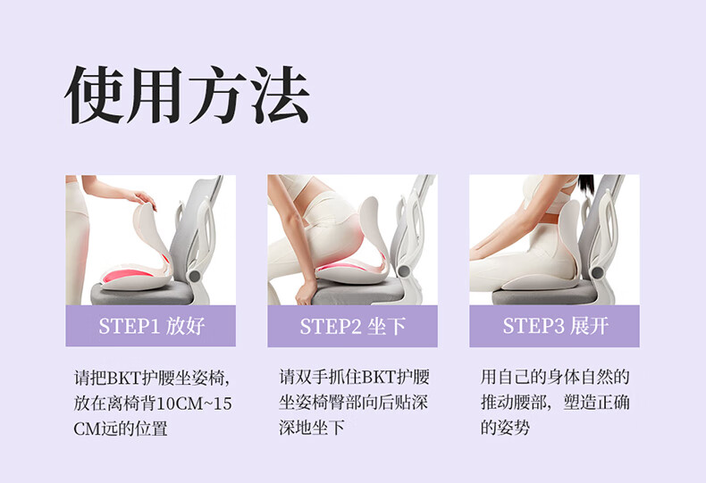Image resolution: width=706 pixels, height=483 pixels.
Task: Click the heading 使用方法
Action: coord(187,95)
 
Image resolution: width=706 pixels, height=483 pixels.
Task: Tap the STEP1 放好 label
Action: coord(152,326)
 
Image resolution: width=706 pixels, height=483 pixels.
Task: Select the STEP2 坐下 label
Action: coord(352,326)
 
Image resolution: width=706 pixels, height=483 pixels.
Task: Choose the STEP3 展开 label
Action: coord(555,326)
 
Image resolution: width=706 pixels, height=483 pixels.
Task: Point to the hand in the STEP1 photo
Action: coord(142,199)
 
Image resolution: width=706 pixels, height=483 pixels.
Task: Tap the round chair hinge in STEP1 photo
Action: coord(195,276)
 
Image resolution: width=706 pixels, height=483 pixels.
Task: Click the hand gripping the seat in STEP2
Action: coord(307,293)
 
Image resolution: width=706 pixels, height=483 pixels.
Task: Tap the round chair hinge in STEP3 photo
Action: coord(597,272)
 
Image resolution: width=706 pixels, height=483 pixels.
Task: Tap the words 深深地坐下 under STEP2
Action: coord(312,427)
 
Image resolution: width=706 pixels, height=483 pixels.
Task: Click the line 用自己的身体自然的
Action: coord(555,377)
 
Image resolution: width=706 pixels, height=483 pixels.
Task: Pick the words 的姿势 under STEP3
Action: coord(505,427)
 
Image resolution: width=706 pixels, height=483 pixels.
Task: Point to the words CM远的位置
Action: coord(121,429)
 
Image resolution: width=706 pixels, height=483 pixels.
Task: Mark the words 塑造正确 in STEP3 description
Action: coord(596,402)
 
